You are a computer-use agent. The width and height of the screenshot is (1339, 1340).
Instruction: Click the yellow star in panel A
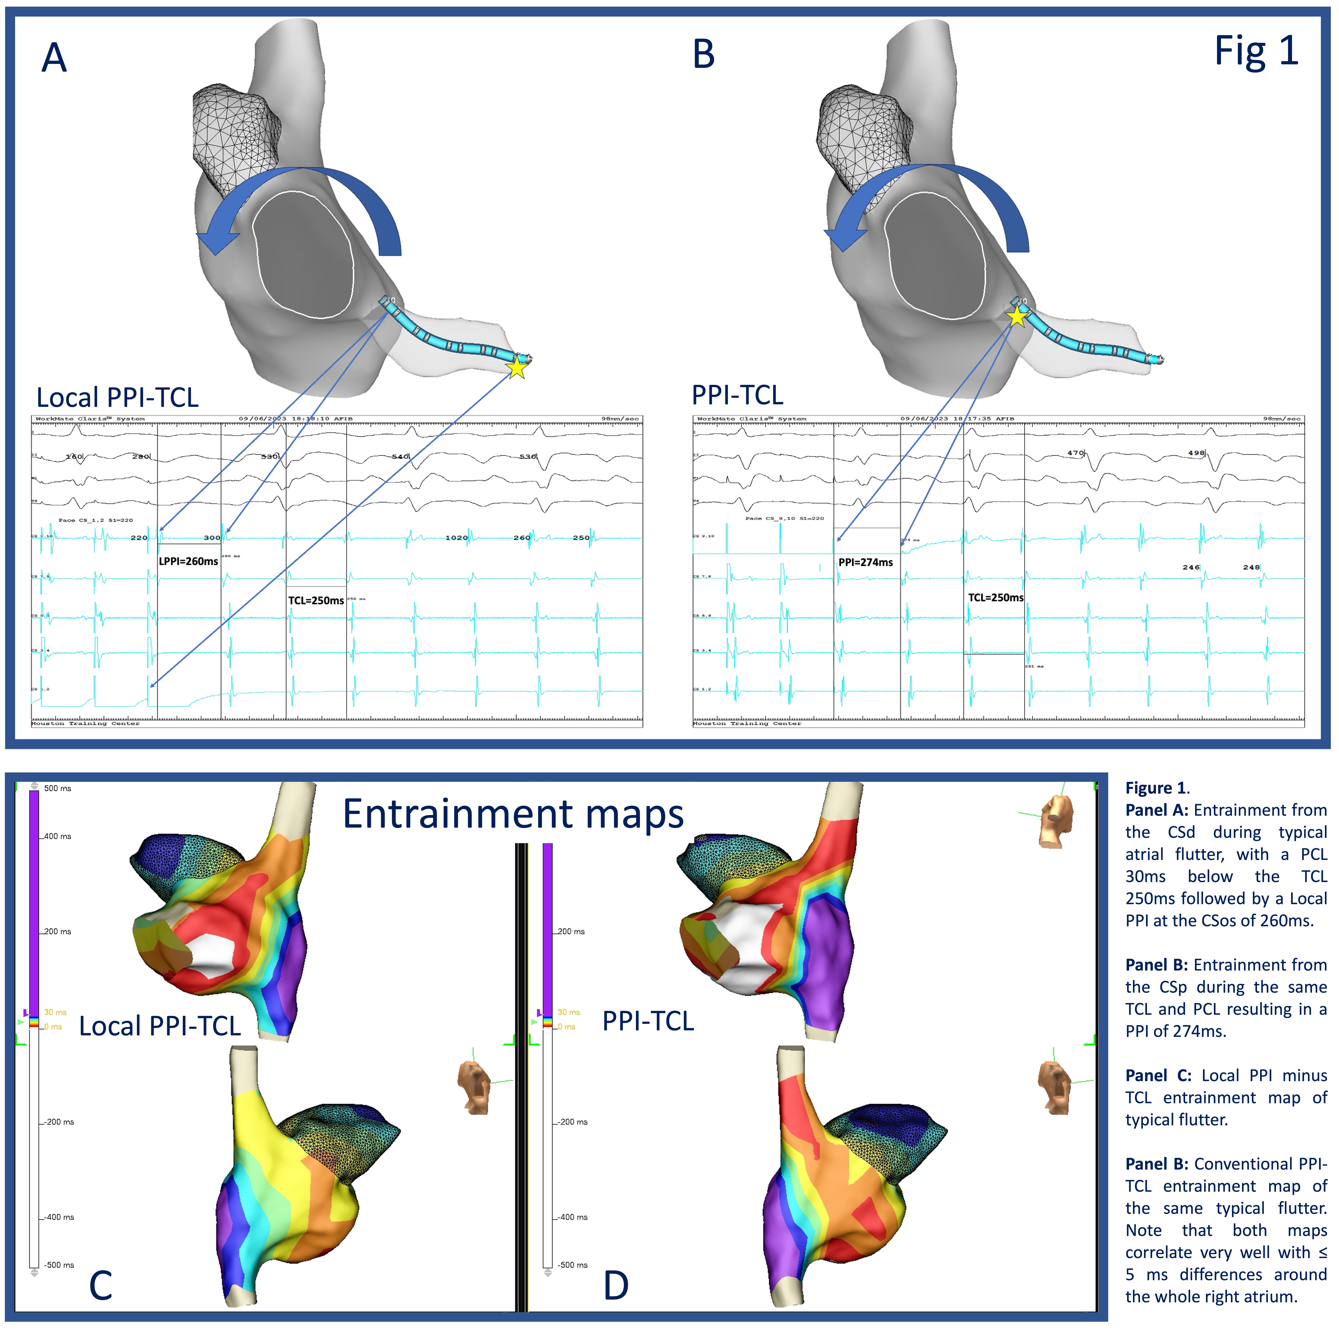517,368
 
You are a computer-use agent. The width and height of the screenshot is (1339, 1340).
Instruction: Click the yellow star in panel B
1017,318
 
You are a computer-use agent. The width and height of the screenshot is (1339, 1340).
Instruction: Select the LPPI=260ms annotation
189,561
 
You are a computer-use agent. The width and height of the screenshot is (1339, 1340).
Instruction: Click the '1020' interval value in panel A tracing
456,538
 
